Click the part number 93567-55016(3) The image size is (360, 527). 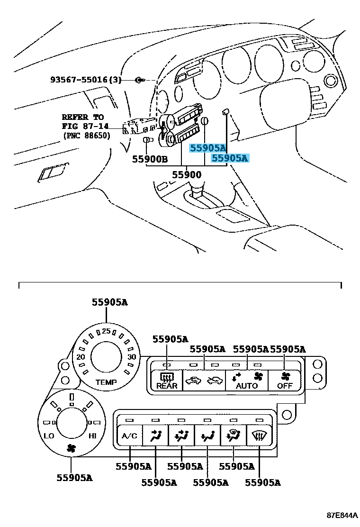[x=86, y=80]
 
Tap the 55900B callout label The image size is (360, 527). [x=150, y=160]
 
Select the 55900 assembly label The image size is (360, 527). [x=186, y=175]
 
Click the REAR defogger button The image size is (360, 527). [x=167, y=381]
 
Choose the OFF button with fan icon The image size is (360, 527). [x=285, y=381]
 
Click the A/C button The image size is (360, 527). [x=129, y=436]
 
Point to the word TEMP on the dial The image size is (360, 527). [x=106, y=382]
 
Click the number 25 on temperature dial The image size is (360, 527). [x=106, y=331]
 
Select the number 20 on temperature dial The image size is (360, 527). [x=81, y=357]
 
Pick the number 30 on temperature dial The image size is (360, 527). [x=132, y=357]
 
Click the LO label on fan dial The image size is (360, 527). [x=49, y=435]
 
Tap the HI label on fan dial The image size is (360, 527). [x=93, y=435]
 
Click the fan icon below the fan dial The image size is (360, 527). [x=71, y=448]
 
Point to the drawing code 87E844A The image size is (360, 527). [x=341, y=515]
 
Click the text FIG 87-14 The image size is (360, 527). [x=85, y=126]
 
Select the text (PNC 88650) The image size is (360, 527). [x=86, y=136]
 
